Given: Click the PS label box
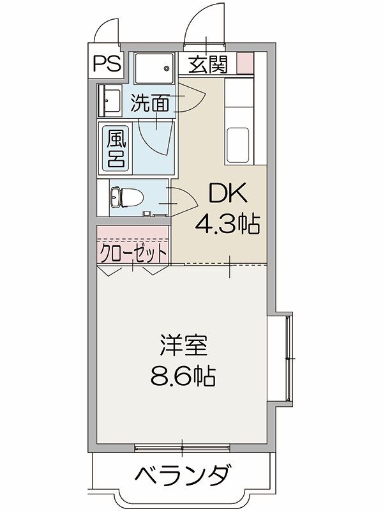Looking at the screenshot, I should pyautogui.click(x=106, y=65).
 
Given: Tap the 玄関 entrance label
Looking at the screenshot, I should pyautogui.click(x=207, y=65).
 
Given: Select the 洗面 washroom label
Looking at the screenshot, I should pyautogui.click(x=151, y=103).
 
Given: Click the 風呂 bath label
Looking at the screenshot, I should pyautogui.click(x=115, y=148).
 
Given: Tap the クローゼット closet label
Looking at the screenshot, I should pyautogui.click(x=133, y=254).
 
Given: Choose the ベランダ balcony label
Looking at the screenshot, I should pyautogui.click(x=183, y=476).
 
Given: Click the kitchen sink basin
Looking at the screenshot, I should pyautogui.click(x=239, y=145).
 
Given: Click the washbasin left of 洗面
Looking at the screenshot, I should pyautogui.click(x=110, y=101).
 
